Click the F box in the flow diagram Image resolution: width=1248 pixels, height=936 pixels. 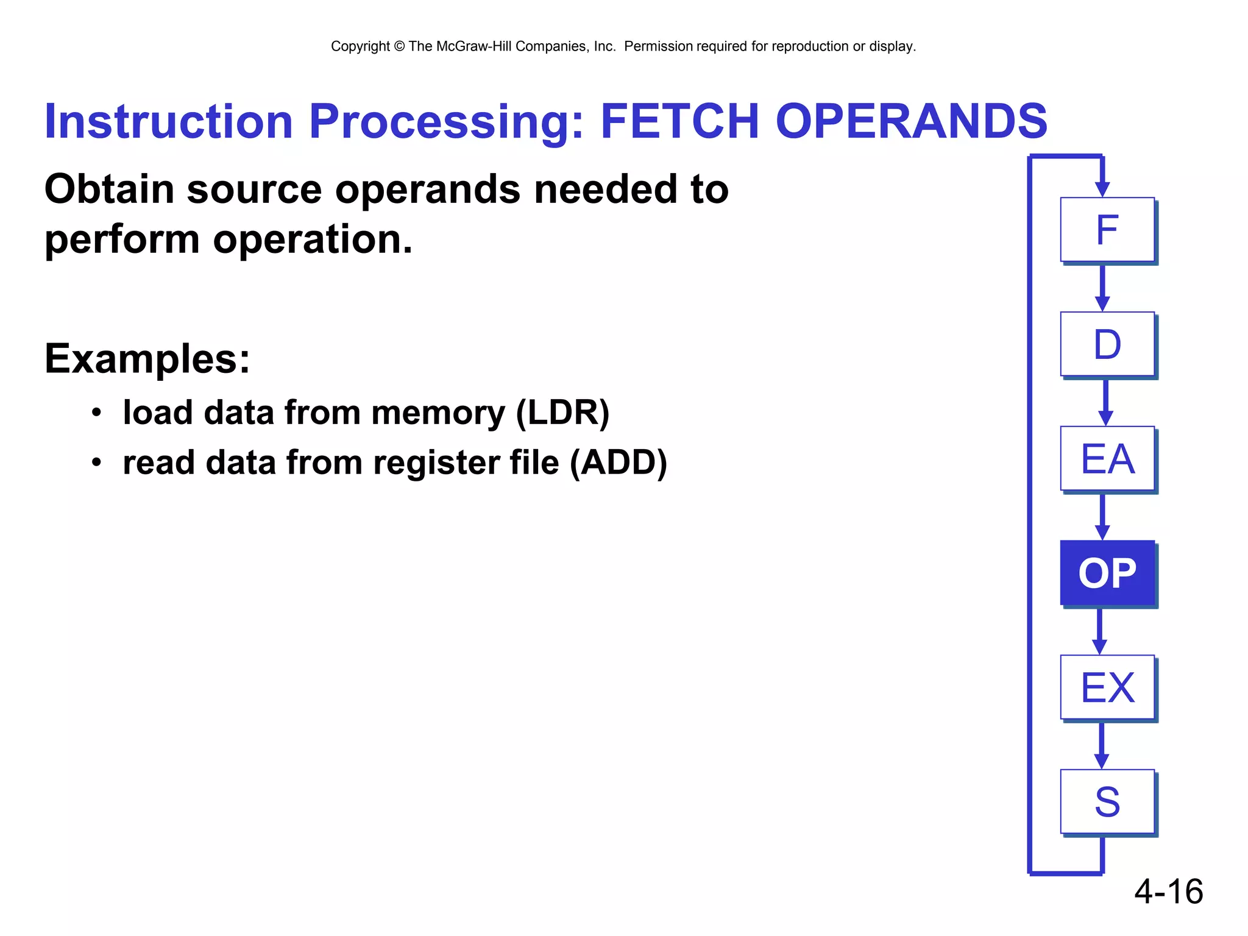click(x=1107, y=230)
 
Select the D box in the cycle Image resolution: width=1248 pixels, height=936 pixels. click(x=1107, y=344)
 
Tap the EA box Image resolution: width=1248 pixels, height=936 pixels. click(x=1107, y=459)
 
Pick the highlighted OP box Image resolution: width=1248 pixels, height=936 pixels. click(x=1107, y=573)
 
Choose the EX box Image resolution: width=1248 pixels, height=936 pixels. click(x=1107, y=687)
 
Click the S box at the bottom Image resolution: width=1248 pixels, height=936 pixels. click(x=1107, y=802)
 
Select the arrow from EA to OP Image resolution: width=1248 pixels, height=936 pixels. click(x=1102, y=516)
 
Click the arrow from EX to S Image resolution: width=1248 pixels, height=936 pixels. click(x=1101, y=745)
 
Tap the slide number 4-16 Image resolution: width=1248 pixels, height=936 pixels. click(x=1168, y=892)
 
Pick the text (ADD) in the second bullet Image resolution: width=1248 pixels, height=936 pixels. click(x=619, y=463)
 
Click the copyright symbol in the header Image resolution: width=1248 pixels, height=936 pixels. click(x=399, y=46)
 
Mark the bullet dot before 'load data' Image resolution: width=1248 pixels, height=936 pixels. click(x=96, y=413)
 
